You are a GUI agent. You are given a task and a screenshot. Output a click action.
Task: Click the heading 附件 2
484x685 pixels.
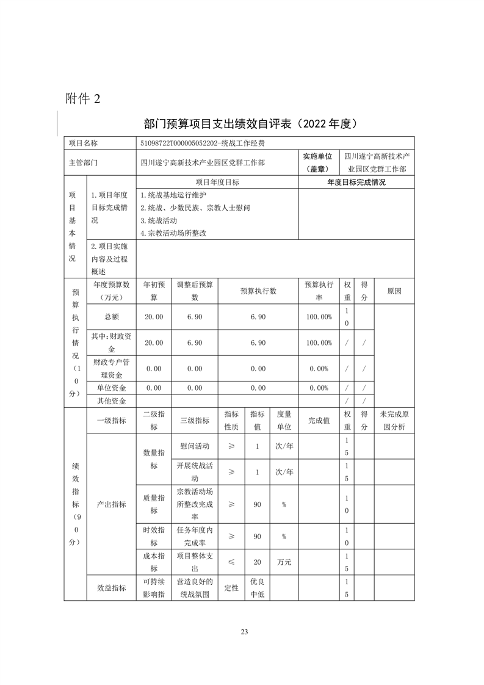point(86,98)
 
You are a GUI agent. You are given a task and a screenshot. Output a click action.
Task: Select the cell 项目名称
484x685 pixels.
point(83,143)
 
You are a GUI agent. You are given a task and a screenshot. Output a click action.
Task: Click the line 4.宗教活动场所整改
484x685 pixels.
point(174,233)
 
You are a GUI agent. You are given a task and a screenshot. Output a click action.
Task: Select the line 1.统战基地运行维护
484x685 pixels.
point(174,195)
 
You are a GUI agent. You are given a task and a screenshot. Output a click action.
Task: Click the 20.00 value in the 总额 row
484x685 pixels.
point(154,317)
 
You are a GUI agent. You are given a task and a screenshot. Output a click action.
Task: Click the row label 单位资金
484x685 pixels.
point(111,388)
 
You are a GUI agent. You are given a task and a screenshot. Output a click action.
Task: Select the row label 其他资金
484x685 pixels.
point(111,400)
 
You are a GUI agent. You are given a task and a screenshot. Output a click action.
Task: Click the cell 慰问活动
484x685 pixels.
point(195,446)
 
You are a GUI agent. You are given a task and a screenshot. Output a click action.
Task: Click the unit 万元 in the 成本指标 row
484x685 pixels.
point(284,562)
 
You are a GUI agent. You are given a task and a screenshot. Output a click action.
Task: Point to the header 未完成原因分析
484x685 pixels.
point(394,420)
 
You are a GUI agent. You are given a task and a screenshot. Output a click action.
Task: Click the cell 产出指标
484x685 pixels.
point(111,504)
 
